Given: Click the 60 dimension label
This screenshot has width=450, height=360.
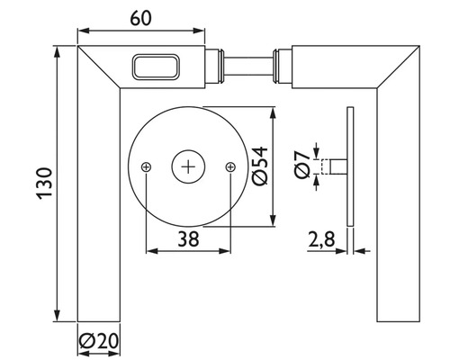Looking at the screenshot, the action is click(x=140, y=18).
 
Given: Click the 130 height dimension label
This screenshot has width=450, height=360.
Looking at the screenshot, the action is click(x=44, y=184).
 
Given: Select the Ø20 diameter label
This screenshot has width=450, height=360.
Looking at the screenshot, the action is click(x=99, y=341).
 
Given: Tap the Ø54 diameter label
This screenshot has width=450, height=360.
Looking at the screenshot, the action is click(x=260, y=166).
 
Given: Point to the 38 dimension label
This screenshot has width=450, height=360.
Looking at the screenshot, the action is click(x=188, y=239).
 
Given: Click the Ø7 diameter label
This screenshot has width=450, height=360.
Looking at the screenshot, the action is click(x=302, y=165).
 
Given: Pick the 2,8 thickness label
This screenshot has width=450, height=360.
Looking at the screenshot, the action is click(x=321, y=239).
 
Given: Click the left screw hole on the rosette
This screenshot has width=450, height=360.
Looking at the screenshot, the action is click(x=146, y=166).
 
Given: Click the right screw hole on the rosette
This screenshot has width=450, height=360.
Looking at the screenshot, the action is click(x=230, y=166).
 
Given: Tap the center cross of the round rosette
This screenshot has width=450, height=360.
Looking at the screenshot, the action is click(x=188, y=166).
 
